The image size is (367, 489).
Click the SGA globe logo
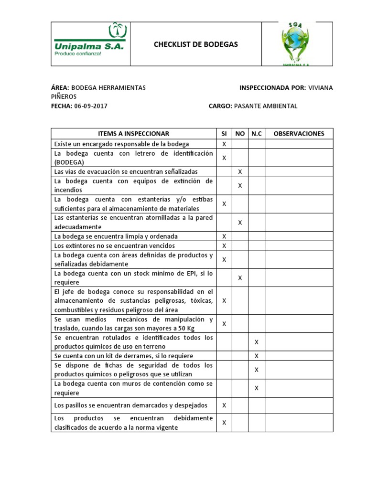[297, 44]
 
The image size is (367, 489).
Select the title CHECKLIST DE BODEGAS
[195, 44]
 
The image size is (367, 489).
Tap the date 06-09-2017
[91, 106]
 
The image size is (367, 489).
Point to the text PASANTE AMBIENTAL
[265, 106]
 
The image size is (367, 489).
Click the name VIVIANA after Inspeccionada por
[321, 88]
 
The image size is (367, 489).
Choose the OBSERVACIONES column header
[299, 134]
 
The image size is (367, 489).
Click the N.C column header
[257, 134]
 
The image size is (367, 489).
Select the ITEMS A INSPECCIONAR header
[133, 134]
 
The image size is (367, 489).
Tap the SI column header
[224, 134]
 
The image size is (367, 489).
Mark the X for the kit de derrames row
[257, 356]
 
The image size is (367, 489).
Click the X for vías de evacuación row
[240, 171]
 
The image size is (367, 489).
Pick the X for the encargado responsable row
[224, 144]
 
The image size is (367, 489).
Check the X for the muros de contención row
[257, 388]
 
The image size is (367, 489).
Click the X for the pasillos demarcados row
[224, 405]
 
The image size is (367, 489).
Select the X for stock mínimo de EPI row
[240, 278]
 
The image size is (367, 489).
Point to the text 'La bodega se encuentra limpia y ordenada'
[116, 236]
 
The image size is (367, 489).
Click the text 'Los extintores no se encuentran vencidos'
[115, 245]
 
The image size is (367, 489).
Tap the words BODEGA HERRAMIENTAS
[109, 88]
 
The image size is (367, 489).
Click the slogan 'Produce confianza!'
[77, 54]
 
